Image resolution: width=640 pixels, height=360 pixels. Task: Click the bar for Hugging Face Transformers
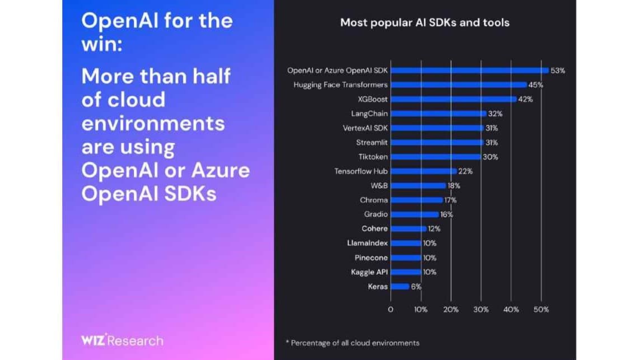[x=459, y=85]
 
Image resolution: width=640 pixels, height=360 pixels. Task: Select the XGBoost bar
[x=454, y=99]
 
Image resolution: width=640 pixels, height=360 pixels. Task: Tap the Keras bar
[x=400, y=287]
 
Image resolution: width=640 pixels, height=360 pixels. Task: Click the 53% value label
[x=558, y=71]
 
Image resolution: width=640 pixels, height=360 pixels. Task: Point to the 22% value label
[x=466, y=171]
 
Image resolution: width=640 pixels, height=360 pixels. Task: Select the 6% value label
[x=416, y=287]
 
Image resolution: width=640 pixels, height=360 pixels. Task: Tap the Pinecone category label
[x=371, y=258]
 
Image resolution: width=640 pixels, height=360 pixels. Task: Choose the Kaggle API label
[x=369, y=272]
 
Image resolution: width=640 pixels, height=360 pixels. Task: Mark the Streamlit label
[x=372, y=142]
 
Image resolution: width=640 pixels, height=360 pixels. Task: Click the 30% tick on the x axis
[x=480, y=310]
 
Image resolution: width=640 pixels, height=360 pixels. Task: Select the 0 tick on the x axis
[x=390, y=310]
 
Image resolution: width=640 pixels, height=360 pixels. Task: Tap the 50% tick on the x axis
[x=541, y=310]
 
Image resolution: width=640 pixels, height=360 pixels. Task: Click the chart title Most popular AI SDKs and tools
[x=425, y=23]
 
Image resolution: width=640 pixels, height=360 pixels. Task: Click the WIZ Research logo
[x=122, y=340]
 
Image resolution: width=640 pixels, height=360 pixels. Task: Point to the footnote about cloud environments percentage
[x=352, y=343]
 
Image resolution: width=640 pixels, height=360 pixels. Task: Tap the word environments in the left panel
[x=153, y=123]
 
